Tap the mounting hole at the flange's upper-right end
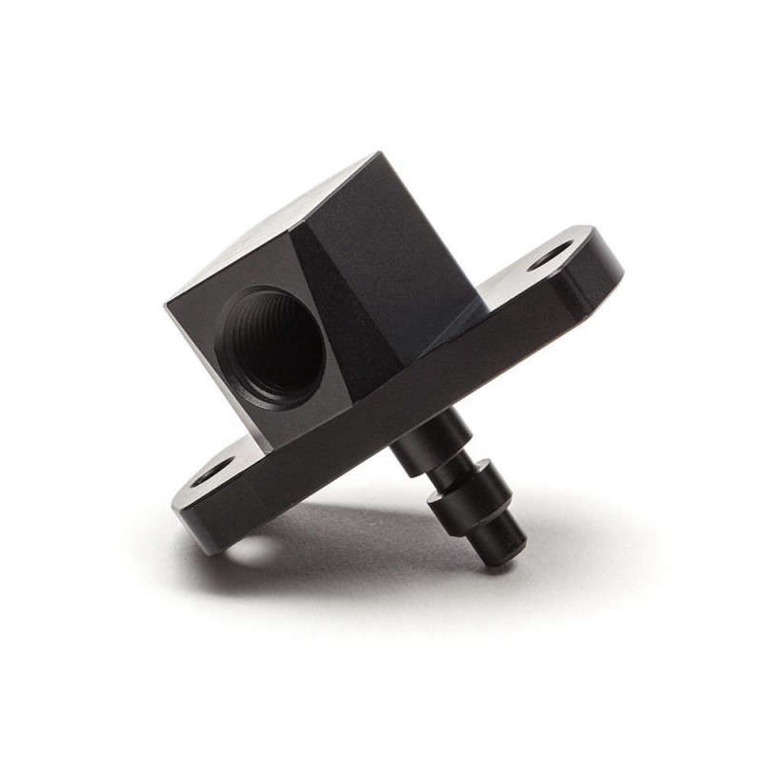(x=551, y=255)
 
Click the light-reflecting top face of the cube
(x=276, y=224)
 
